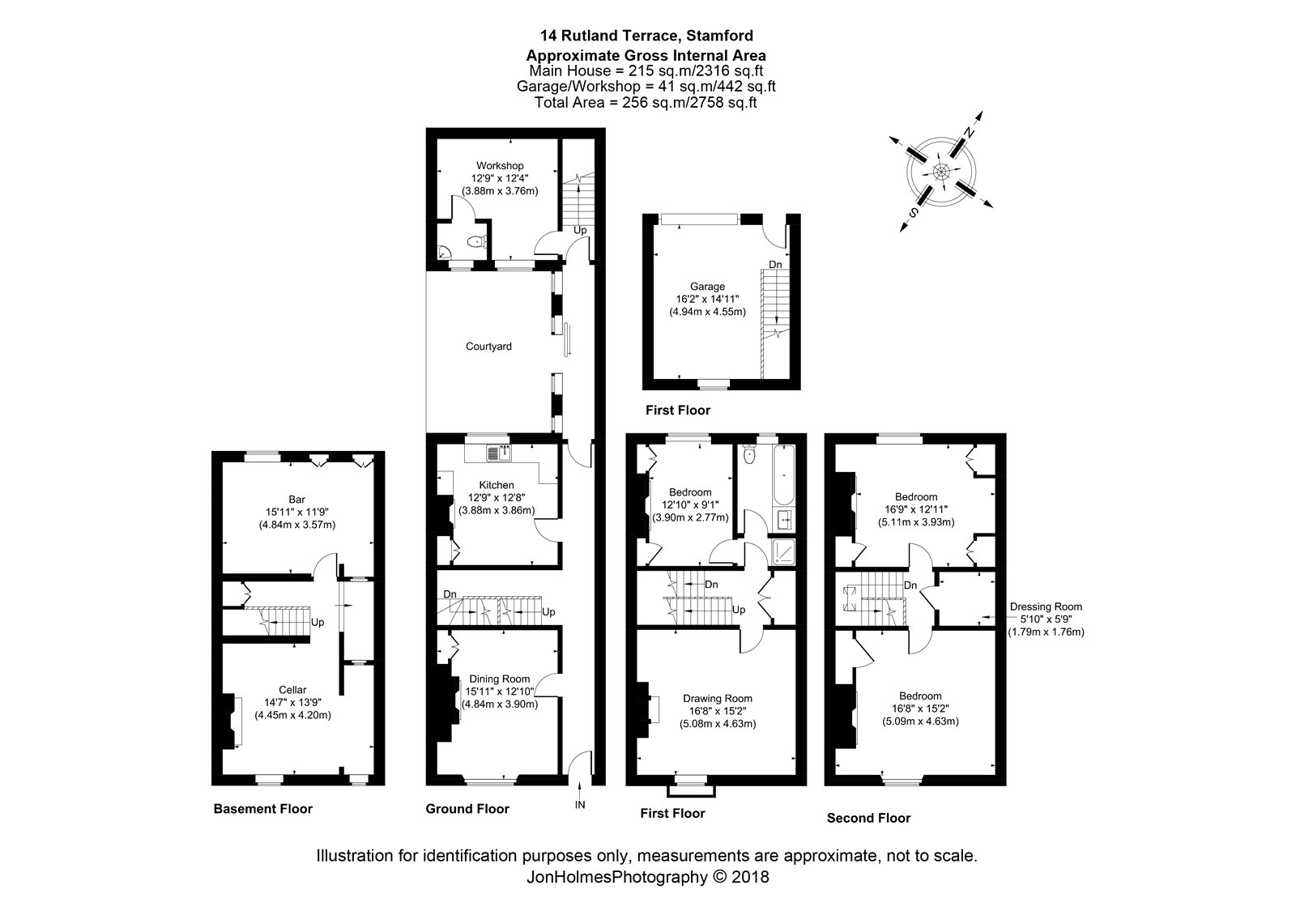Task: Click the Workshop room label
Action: [500, 166]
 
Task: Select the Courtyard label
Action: [488, 347]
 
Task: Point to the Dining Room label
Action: [499, 679]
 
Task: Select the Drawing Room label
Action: [718, 699]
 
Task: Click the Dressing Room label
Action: [1046, 606]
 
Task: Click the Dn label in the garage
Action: [775, 265]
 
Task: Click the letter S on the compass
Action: [914, 213]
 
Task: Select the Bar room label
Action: [296, 500]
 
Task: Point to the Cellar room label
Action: [292, 690]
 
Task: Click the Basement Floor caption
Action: [262, 809]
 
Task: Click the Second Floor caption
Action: [868, 818]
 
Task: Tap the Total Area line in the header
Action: [646, 103]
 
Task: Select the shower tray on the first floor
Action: [783, 552]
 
